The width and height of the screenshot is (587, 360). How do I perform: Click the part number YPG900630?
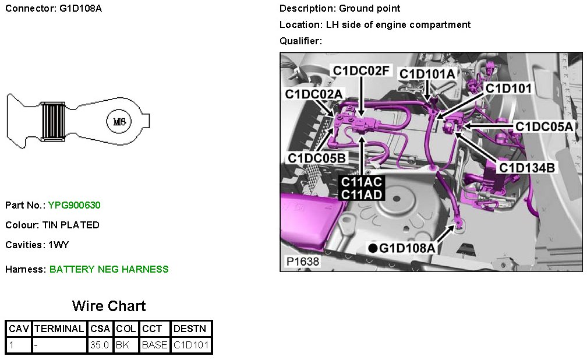click(x=75, y=205)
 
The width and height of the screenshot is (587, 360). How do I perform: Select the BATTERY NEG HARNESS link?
click(x=109, y=269)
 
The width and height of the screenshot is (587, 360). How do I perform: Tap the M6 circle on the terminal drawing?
click(x=119, y=122)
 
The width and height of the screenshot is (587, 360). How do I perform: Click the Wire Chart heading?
click(x=109, y=306)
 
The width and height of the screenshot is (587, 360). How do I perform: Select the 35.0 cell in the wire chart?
click(x=100, y=345)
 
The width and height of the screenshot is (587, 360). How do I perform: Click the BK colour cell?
click(x=122, y=345)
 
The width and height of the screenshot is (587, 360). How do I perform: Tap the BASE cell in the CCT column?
click(x=154, y=345)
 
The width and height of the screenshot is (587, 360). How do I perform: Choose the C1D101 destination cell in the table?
click(x=191, y=345)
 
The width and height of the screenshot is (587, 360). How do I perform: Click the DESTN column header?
click(x=189, y=329)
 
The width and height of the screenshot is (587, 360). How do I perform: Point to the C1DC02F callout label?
click(x=360, y=70)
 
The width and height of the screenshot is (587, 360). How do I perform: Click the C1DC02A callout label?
click(x=314, y=94)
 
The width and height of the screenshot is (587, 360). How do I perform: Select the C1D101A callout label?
click(x=427, y=74)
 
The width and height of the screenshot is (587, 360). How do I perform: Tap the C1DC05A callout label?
click(x=544, y=126)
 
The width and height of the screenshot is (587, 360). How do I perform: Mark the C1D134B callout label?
click(x=527, y=168)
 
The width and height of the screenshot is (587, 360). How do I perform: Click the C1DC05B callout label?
click(x=316, y=158)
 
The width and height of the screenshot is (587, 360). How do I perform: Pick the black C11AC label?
click(x=361, y=182)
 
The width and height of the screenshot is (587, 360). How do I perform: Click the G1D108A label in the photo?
click(x=407, y=249)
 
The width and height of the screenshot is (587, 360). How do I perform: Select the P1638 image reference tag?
click(x=303, y=262)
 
